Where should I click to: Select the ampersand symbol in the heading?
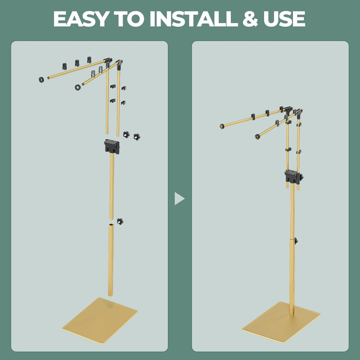tap(250, 19)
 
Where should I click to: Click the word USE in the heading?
tap(284, 19)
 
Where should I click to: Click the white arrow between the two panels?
tap(179, 198)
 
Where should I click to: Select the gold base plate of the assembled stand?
tap(281, 322)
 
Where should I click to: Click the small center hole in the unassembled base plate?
tap(110, 311)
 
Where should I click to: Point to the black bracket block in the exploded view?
tap(112, 146)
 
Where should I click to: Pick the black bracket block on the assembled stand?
tap(292, 176)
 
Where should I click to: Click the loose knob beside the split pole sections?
tap(120, 221)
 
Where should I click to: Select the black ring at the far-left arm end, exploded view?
tap(41, 80)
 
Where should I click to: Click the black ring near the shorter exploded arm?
tap(78, 87)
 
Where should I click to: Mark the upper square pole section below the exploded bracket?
tap(111, 186)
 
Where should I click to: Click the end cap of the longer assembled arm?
tap(222, 126)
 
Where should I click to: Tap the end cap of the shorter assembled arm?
tap(257, 137)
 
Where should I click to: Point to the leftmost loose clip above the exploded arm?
tap(65, 66)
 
